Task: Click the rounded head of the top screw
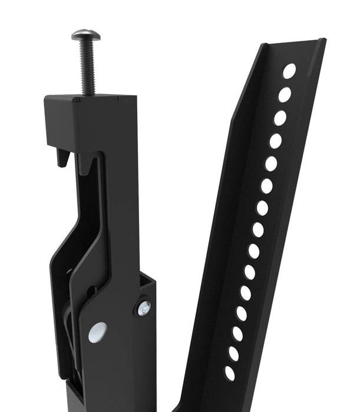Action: click(86, 35)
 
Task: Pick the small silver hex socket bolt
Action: click(144, 308)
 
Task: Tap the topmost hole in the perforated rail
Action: click(289, 71)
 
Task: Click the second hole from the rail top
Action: click(285, 95)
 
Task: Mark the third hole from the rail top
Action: click(280, 118)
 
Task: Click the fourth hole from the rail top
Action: click(275, 141)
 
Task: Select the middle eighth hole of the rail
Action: click(258, 230)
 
